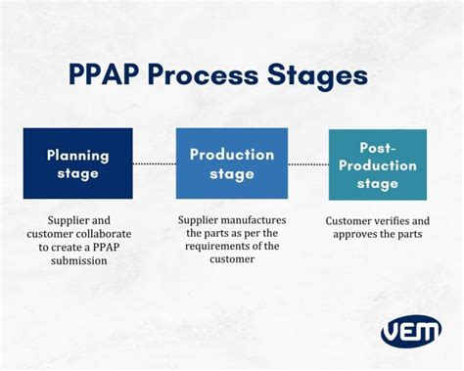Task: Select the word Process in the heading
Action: (x=218, y=77)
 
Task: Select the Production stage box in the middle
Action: (x=231, y=162)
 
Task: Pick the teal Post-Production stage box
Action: (x=377, y=164)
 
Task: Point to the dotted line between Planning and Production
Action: (x=155, y=163)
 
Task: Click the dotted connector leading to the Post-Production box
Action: (x=307, y=163)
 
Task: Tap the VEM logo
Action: (x=409, y=330)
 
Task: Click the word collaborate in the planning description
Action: (x=111, y=235)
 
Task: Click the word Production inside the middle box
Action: (x=231, y=154)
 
